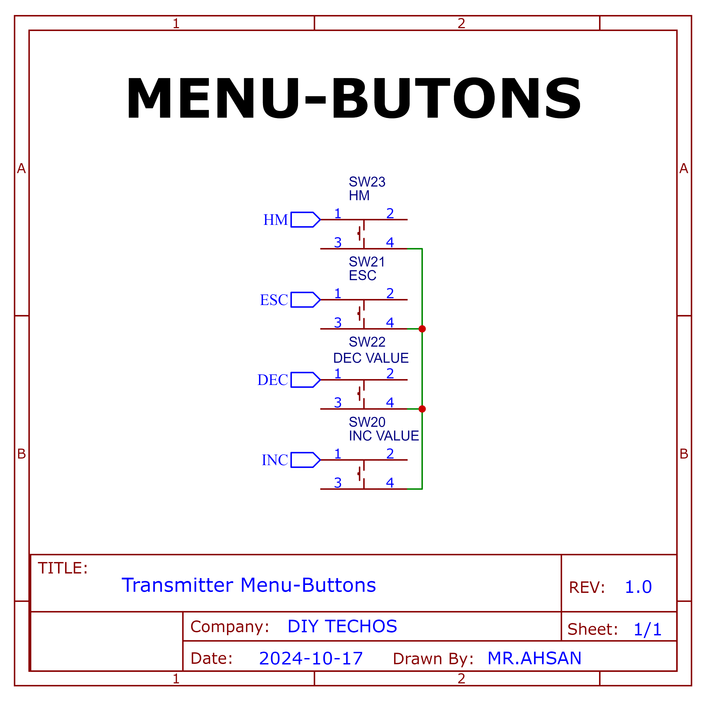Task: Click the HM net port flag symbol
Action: pyautogui.click(x=306, y=220)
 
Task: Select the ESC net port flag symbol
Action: pyautogui.click(x=306, y=300)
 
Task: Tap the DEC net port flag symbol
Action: pyautogui.click(x=306, y=380)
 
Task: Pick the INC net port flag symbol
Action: pyautogui.click(x=306, y=460)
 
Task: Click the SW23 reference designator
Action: pyautogui.click(x=367, y=182)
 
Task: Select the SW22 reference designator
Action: pyautogui.click(x=367, y=342)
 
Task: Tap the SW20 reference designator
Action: pyautogui.click(x=367, y=422)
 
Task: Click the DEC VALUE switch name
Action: pyautogui.click(x=371, y=358)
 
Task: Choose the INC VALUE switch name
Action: pyautogui.click(x=384, y=436)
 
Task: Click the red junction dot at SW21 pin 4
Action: pyautogui.click(x=422, y=329)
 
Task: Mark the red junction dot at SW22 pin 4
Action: pyautogui.click(x=422, y=409)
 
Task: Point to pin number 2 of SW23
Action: pyautogui.click(x=390, y=213)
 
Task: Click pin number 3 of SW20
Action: pyautogui.click(x=338, y=483)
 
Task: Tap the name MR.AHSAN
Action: pyautogui.click(x=534, y=658)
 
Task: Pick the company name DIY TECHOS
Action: pyautogui.click(x=342, y=626)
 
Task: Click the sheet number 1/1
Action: pyautogui.click(x=647, y=629)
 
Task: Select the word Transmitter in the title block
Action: pyautogui.click(x=178, y=585)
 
